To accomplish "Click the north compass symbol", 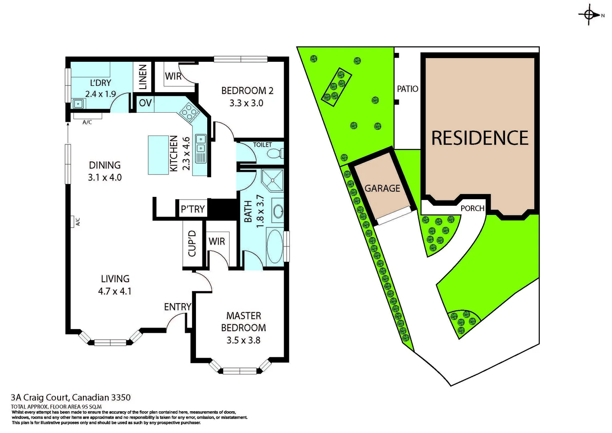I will click(589, 15).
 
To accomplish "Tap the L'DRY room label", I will click(100, 83).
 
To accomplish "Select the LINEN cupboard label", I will click(143, 77).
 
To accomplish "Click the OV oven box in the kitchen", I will click(145, 103).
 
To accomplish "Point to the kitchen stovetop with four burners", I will click(189, 111).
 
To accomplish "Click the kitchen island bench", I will click(158, 155).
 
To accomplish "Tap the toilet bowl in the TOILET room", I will click(275, 154).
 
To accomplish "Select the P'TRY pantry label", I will click(192, 209).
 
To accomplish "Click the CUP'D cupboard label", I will click(192, 243).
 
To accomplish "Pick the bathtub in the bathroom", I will click(275, 246).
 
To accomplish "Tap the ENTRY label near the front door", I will click(177, 307).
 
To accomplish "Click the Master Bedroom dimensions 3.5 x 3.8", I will click(243, 340).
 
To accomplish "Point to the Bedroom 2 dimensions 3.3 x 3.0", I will click(246, 103).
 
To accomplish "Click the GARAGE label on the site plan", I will click(382, 188).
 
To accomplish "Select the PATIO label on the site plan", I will click(407, 89).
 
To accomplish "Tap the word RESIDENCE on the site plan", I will click(480, 138).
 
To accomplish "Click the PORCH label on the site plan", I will click(472, 208).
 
